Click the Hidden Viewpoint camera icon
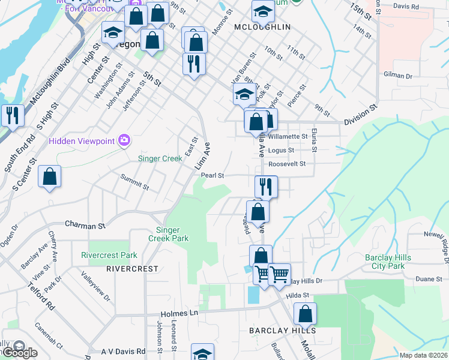(x=124, y=140)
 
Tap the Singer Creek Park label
(x=172, y=234)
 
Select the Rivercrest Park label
(x=105, y=255)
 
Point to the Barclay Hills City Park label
(x=388, y=262)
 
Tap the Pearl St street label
(x=212, y=176)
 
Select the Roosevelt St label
(x=287, y=163)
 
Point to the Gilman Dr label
(x=399, y=76)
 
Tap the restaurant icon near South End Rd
(x=12, y=115)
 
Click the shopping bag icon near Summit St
(x=49, y=176)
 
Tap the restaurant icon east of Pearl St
(x=266, y=186)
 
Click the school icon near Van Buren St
(x=244, y=94)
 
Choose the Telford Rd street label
(x=41, y=295)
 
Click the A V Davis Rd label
(x=123, y=351)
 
